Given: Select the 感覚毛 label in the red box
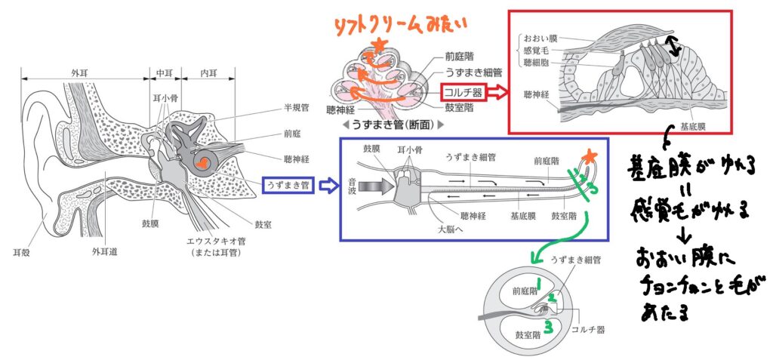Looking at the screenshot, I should point(539,50).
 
